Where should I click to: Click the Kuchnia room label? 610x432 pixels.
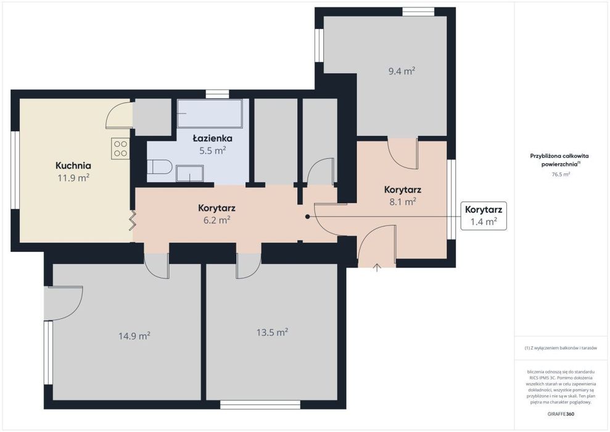pos(73,165)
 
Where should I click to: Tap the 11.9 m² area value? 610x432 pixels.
pos(73,178)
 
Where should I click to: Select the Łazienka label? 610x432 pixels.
pos(213,138)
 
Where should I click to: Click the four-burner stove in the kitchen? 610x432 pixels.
pos(120,148)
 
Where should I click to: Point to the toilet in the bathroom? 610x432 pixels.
pos(160,168)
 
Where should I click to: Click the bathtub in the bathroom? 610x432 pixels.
pos(210,114)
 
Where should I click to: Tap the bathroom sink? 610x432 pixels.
pos(189,173)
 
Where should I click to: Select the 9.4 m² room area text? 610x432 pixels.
pos(402,71)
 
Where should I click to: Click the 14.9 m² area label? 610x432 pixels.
pos(134,336)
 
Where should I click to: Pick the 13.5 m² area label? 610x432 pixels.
pos(272,333)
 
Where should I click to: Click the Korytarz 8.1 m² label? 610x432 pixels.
pos(402,196)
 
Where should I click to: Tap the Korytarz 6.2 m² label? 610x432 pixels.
pos(216,214)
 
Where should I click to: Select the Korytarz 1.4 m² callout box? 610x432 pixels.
pos(484,215)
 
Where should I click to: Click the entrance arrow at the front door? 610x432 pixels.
pos(377,267)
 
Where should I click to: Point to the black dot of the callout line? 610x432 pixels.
pos(307,217)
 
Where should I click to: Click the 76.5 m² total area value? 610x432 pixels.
pos(561,175)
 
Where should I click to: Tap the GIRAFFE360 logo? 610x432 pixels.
pos(561,413)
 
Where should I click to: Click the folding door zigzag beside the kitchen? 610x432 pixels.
pos(133,221)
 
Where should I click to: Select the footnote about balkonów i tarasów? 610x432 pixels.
pos(561,348)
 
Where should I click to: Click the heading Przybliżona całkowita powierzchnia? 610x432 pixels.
pos(560,160)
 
